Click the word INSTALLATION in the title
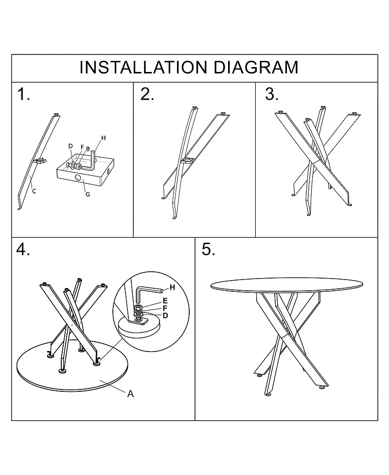pyautogui.click(x=143, y=67)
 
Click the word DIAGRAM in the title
pyautogui.click(x=256, y=67)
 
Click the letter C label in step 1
pyautogui.click(x=34, y=191)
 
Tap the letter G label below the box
pyautogui.click(x=88, y=194)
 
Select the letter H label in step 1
pyautogui.click(x=104, y=138)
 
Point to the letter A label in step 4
pyautogui.click(x=131, y=394)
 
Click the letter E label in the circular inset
pyautogui.click(x=165, y=301)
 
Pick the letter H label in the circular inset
pyautogui.click(x=172, y=287)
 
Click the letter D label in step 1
pyautogui.click(x=71, y=146)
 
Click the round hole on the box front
pyautogui.click(x=78, y=178)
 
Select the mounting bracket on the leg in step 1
pyautogui.click(x=40, y=161)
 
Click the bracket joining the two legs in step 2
pyautogui.click(x=187, y=160)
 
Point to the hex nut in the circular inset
pyautogui.click(x=138, y=309)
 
